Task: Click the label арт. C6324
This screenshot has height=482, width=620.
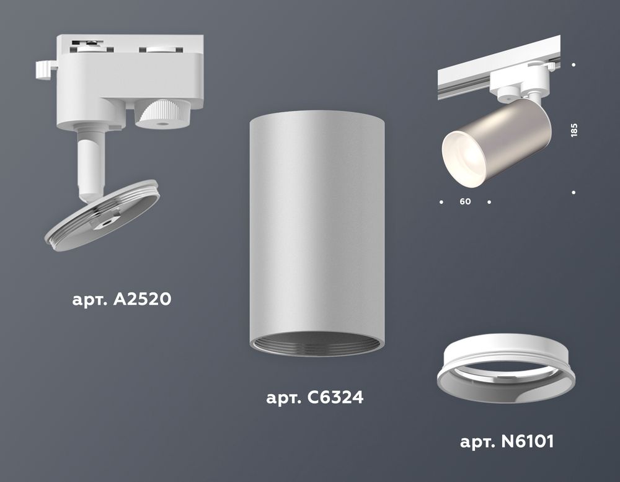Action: click(x=314, y=397)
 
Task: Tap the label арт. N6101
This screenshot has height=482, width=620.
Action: click(x=507, y=442)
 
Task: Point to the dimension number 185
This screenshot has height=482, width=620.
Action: click(x=573, y=130)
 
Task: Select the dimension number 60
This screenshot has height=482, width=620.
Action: click(x=466, y=202)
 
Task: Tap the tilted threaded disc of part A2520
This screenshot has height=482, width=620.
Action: click(x=102, y=214)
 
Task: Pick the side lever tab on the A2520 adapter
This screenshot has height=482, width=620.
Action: click(x=43, y=69)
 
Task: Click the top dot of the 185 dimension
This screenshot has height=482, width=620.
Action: click(x=574, y=64)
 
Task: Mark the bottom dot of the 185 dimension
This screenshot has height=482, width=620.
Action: click(x=574, y=193)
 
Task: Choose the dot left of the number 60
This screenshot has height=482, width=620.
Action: click(x=441, y=202)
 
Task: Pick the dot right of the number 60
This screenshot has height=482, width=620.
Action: click(x=489, y=202)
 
